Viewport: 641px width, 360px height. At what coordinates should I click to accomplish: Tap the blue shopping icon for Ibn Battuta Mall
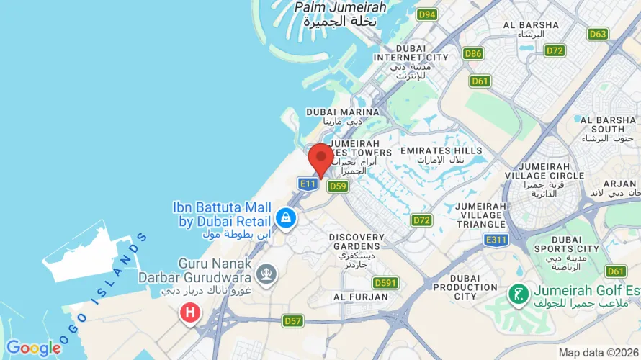[x=285, y=217]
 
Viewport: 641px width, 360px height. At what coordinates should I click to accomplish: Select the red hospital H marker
[x=189, y=312]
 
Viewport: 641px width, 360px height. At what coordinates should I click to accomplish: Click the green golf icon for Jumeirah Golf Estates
[x=516, y=293]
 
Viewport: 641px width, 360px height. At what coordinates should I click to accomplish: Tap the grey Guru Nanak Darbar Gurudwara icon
[x=266, y=274]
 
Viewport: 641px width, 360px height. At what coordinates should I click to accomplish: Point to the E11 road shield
[x=308, y=184]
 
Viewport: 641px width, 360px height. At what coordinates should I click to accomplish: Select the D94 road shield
[x=428, y=14]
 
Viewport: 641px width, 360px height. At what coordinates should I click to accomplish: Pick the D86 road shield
[x=473, y=53]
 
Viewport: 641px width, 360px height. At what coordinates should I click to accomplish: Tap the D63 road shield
[x=598, y=34]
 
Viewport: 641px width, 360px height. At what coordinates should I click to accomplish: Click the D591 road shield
[x=386, y=283]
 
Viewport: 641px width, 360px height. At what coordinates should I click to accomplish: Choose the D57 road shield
[x=292, y=320]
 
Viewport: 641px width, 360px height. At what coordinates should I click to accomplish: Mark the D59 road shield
[x=338, y=186]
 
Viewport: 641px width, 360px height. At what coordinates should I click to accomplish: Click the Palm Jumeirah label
[x=341, y=14]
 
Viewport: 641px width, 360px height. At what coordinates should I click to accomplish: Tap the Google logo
[x=33, y=348]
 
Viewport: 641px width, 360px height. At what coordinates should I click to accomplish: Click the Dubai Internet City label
[x=411, y=57]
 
